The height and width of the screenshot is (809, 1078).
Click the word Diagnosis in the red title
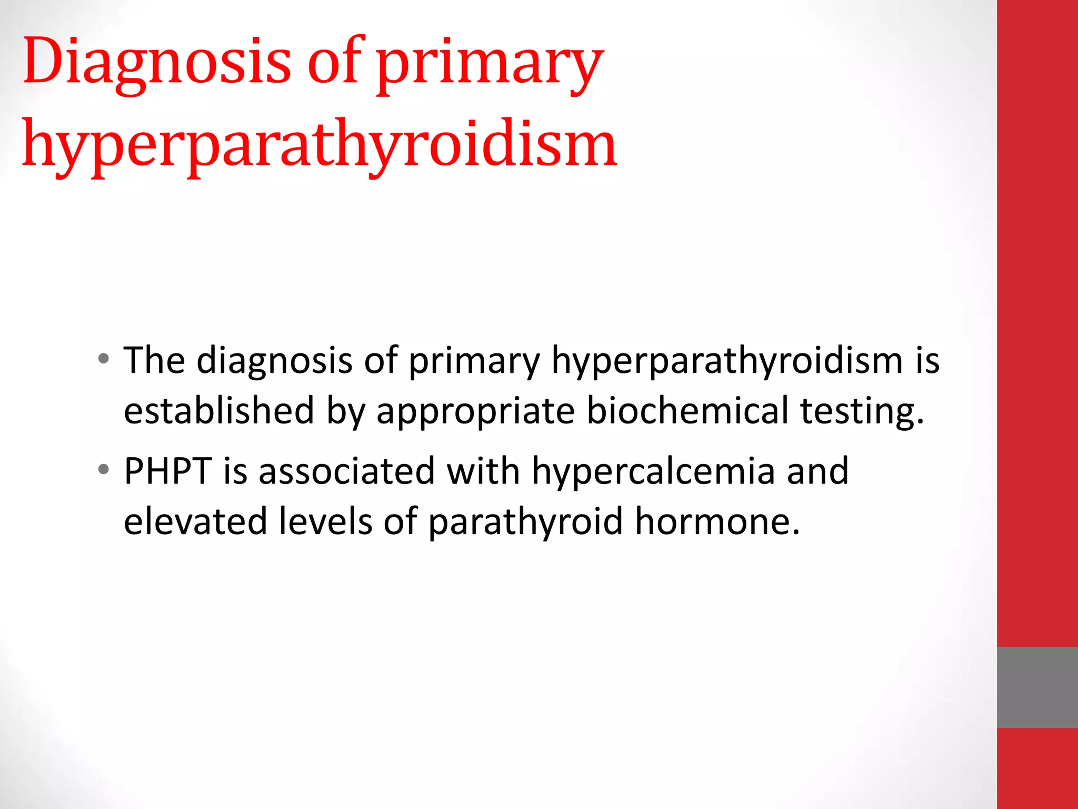tap(157, 62)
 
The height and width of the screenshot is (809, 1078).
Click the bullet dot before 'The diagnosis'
tap(104, 359)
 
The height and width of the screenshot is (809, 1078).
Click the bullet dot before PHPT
tap(104, 469)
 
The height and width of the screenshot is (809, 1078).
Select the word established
tap(219, 411)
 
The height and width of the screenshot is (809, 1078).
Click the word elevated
tap(195, 521)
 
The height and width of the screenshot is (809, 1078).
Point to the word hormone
tap(717, 521)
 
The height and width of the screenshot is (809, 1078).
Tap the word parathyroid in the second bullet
tap(525, 522)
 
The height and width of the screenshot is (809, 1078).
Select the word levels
tap(325, 521)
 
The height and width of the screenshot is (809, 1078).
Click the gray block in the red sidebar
tap(1037, 687)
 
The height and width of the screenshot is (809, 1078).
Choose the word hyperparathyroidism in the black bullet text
tap(727, 361)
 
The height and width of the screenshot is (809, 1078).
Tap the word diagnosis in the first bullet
tap(274, 361)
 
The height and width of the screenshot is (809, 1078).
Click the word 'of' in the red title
tap(335, 62)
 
